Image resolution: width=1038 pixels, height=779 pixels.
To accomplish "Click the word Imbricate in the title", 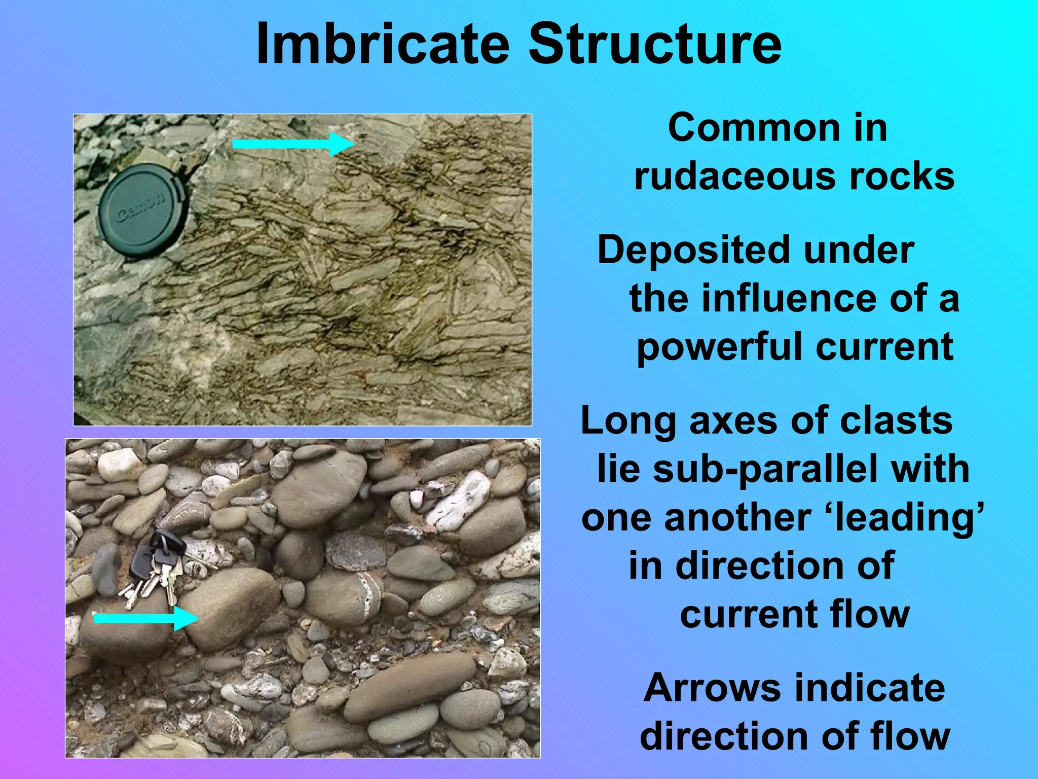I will coord(383,45).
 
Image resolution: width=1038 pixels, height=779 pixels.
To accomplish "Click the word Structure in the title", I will coord(655,45).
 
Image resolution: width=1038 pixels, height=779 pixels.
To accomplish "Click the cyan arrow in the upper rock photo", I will coord(293,144).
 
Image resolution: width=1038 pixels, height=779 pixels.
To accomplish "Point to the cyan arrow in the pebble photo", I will coord(146,618).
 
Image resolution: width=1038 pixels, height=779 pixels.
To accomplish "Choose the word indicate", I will coord(870,688).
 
